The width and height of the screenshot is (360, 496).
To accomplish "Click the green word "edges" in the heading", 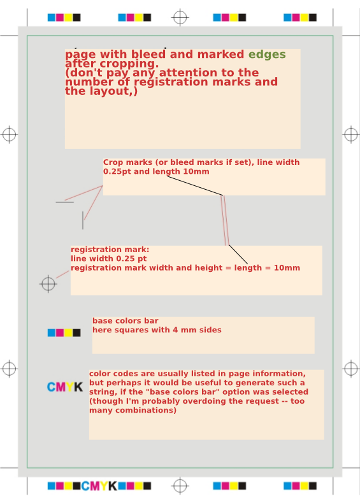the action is tap(267, 55).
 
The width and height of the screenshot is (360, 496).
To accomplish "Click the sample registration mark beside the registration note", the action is tap(48, 284).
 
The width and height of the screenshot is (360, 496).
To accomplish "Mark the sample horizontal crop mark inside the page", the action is tap(64, 202).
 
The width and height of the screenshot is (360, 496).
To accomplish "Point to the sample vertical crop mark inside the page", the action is tap(83, 220).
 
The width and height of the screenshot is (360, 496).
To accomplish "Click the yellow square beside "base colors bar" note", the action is tap(68, 333).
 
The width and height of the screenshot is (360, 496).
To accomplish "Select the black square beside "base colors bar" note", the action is tap(76, 333).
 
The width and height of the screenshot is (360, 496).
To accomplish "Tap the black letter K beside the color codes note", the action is tap(78, 387).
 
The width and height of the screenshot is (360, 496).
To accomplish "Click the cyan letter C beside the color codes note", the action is tap(52, 387).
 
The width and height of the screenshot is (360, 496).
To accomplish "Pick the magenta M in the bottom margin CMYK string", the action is tap(95, 486).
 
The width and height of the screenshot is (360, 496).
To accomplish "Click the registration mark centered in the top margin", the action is tap(180, 17).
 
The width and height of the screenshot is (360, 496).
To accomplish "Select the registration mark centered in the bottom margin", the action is tap(180, 486).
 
